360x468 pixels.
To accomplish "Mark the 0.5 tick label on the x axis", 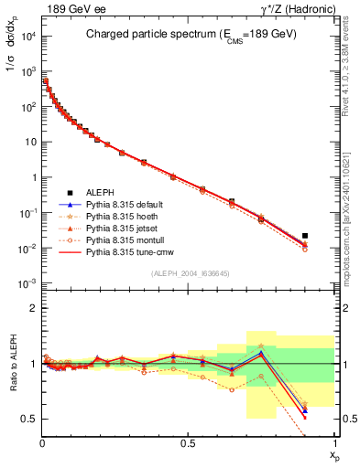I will pyautogui.click(x=188, y=443).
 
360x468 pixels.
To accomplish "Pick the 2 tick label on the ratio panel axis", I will pyautogui.click(x=34, y=308).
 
